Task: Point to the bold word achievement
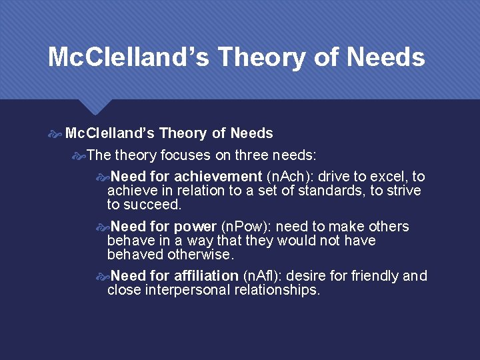pyautogui.click(x=218, y=177)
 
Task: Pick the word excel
pyautogui.click(x=391, y=177)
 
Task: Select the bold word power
pyautogui.click(x=195, y=227)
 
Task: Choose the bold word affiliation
pyautogui.click(x=206, y=276)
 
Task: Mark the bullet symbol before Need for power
pyautogui.click(x=103, y=227)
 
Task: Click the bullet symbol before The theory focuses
pyautogui.click(x=79, y=156)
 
